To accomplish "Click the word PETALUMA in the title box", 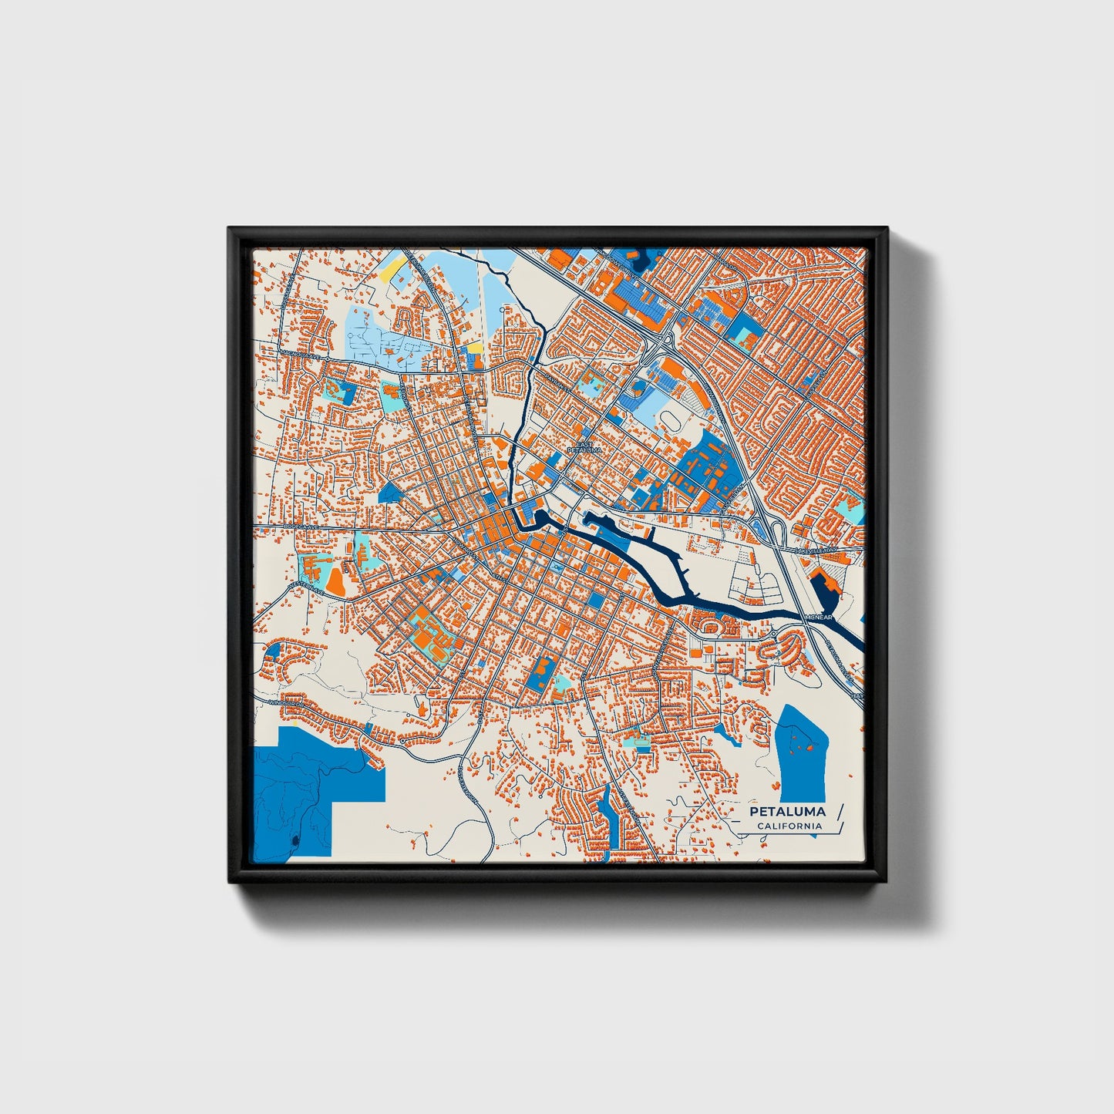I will click(787, 812).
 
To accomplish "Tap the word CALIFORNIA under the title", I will click(789, 826).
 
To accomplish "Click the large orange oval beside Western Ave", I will click(335, 581).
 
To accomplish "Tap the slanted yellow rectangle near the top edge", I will click(392, 268).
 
